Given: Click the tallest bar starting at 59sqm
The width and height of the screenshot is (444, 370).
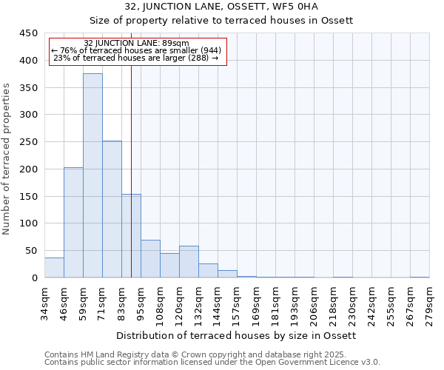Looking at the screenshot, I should point(92,175).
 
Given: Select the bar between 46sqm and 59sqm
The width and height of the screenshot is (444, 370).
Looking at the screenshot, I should point(73,222).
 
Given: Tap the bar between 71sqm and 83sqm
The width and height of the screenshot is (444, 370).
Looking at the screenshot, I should point(112,209).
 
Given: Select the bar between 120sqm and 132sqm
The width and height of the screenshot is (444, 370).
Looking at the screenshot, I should point(189,262).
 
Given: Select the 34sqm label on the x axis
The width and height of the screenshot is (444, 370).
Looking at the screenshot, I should point(45,302).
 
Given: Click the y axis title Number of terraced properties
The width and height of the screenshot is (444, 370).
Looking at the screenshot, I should point(7,159).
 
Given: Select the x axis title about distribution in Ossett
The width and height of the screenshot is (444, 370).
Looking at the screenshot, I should point(237,335).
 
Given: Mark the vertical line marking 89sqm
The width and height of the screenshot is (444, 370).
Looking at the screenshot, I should point(131,185).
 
